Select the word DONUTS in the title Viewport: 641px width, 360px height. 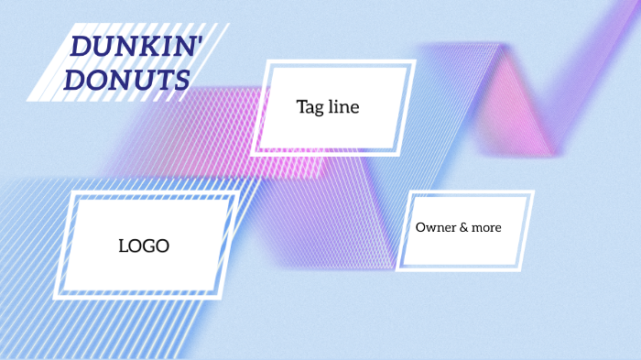coord(127,81)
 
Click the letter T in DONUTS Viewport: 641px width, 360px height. coord(158,81)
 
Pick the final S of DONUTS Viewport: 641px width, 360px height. coord(180,81)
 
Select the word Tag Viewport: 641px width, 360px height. coord(310,107)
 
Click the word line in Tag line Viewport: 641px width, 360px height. coord(343,107)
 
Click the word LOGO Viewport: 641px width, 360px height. coord(144,245)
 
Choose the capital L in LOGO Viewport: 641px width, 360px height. coord(123,245)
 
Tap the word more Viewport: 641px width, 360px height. coord(486,227)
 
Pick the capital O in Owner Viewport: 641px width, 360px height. coord(421,227)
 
